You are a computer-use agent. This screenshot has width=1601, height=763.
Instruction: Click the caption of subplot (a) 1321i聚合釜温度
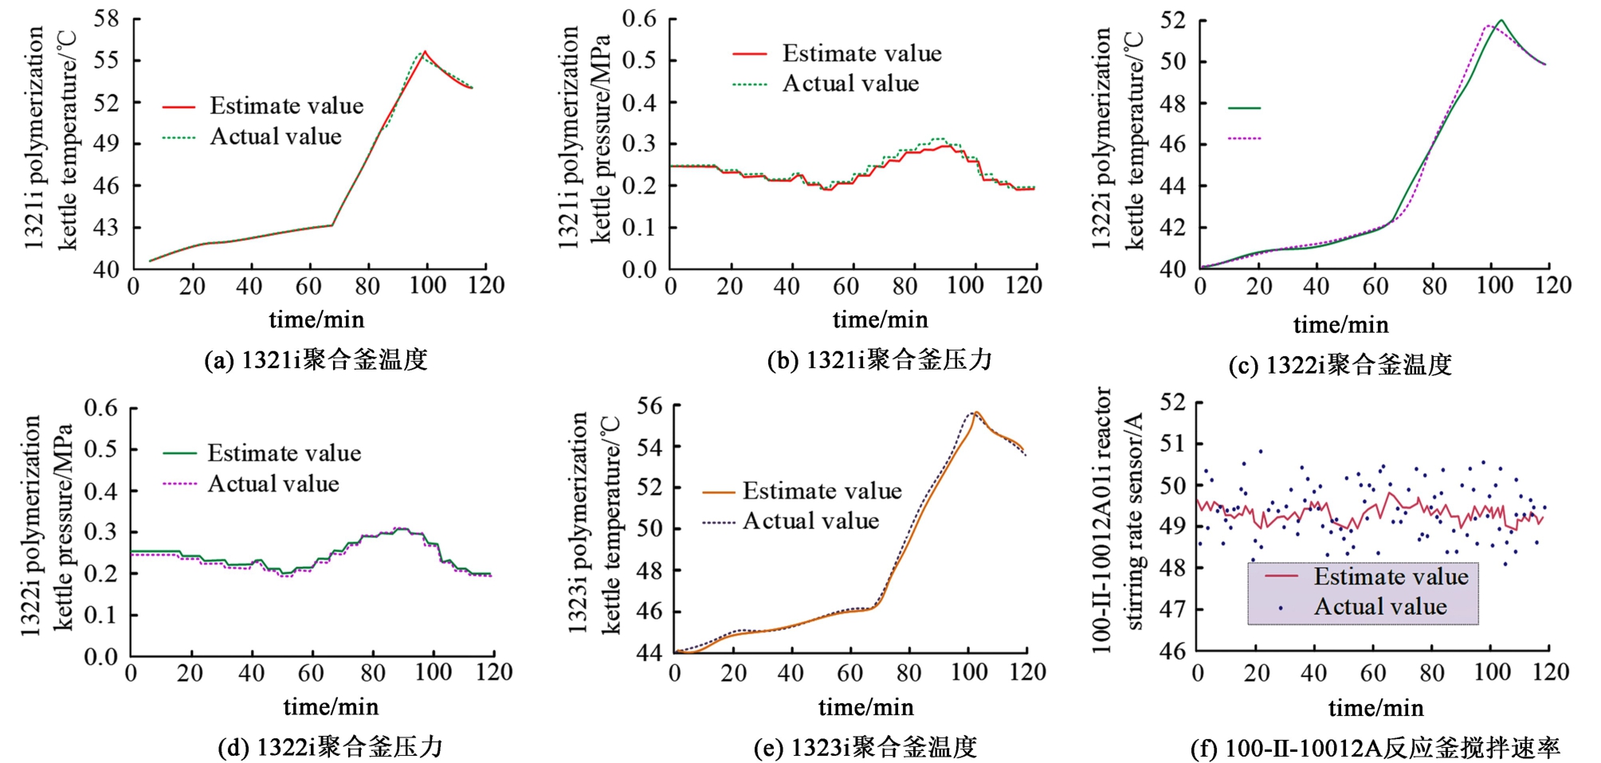(316, 360)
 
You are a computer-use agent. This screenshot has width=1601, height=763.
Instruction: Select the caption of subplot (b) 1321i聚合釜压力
(879, 360)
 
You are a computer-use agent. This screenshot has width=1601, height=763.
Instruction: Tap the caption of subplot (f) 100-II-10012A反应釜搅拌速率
(1375, 748)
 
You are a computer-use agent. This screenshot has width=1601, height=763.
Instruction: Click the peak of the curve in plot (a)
(425, 52)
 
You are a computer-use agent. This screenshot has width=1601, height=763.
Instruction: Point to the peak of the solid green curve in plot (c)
(1501, 20)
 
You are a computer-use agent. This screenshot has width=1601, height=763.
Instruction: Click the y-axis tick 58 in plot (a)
(106, 18)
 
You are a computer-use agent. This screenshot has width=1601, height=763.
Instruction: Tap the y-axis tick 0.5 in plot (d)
(101, 449)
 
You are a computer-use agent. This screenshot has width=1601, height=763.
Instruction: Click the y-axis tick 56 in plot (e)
(649, 405)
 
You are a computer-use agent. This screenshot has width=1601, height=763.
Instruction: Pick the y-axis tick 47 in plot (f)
(1171, 609)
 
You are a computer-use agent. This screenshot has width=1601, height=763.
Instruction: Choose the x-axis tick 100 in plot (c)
(1494, 285)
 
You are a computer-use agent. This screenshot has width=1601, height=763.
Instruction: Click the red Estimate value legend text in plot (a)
(286, 106)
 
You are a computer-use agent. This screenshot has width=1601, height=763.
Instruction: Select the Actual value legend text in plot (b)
(850, 84)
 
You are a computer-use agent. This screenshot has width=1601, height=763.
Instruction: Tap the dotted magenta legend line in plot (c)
(1244, 139)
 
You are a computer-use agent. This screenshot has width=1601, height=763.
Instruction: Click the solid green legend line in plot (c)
(1244, 108)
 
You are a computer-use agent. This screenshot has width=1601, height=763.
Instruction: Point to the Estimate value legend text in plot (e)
(822, 491)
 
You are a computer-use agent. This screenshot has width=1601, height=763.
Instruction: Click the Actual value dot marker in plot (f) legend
(1281, 608)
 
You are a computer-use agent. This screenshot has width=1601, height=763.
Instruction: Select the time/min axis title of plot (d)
(331, 706)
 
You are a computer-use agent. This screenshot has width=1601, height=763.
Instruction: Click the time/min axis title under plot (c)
(1340, 324)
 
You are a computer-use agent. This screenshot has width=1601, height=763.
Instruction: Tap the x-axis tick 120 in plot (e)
(1027, 672)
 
